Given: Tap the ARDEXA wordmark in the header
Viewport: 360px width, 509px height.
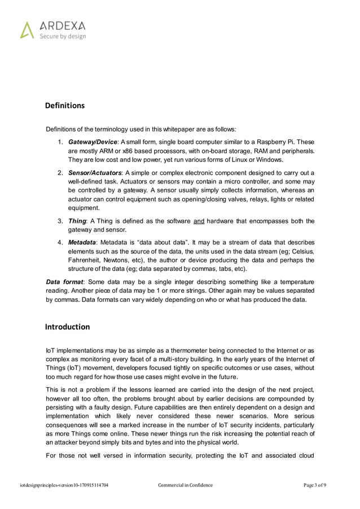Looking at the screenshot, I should click(62, 25).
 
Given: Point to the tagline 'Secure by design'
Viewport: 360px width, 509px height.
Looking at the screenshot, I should click(62, 37).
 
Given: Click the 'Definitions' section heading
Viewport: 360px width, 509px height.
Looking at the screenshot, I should click(65, 106).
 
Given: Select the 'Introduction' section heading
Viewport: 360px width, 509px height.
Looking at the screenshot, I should click(67, 327).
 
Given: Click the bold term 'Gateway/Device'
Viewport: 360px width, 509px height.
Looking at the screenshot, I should click(93, 142).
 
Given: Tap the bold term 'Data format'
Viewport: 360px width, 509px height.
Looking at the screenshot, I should click(65, 282).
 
